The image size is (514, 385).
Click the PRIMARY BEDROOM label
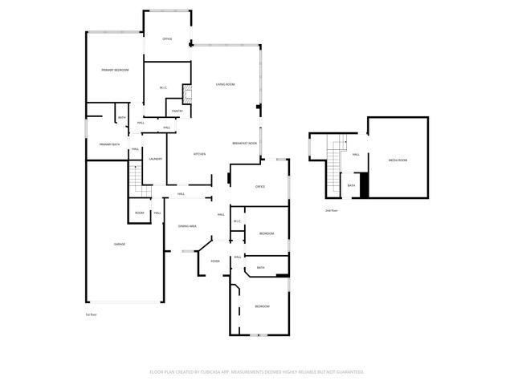coord(115,71)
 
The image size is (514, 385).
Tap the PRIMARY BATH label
coord(109,144)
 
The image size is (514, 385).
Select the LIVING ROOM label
coord(225,84)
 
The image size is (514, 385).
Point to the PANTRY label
coord(177,111)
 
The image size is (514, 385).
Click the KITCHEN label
coord(199,154)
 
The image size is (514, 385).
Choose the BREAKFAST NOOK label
coord(245,143)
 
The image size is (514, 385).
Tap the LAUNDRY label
coord(156,159)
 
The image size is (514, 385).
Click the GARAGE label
coord(119,244)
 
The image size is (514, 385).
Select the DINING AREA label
coord(187,227)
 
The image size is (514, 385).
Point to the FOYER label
coord(215,261)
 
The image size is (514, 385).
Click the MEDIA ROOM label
coord(398,160)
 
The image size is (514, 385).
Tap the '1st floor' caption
coord(91,314)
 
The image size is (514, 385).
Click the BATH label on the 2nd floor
coord(352,185)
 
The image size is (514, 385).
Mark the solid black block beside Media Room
coord(364,185)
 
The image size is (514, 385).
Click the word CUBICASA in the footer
coord(208,372)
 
